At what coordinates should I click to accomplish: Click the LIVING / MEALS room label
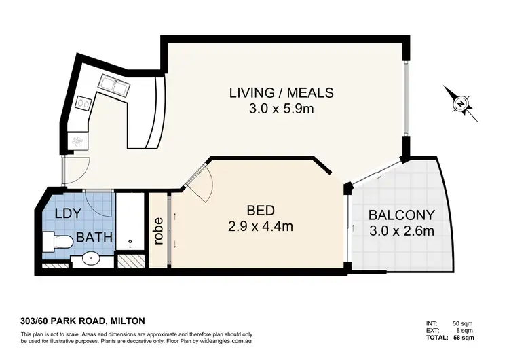281,93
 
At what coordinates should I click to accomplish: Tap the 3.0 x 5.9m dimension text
281,109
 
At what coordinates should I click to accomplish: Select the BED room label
261,211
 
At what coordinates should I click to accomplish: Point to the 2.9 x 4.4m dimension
261,226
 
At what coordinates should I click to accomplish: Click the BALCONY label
402,215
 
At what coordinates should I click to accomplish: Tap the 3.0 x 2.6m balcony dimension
402,231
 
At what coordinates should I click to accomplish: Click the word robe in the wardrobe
158,231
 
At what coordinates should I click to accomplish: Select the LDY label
68,213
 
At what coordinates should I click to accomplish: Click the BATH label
94,237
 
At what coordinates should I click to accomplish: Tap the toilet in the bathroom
57,241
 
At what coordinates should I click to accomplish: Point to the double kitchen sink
113,85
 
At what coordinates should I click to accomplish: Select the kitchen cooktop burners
83,103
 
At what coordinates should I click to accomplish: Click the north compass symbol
461,104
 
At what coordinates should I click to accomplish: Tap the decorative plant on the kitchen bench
78,141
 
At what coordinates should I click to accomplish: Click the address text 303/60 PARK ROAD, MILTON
82,321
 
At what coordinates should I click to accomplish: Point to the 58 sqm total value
465,338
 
